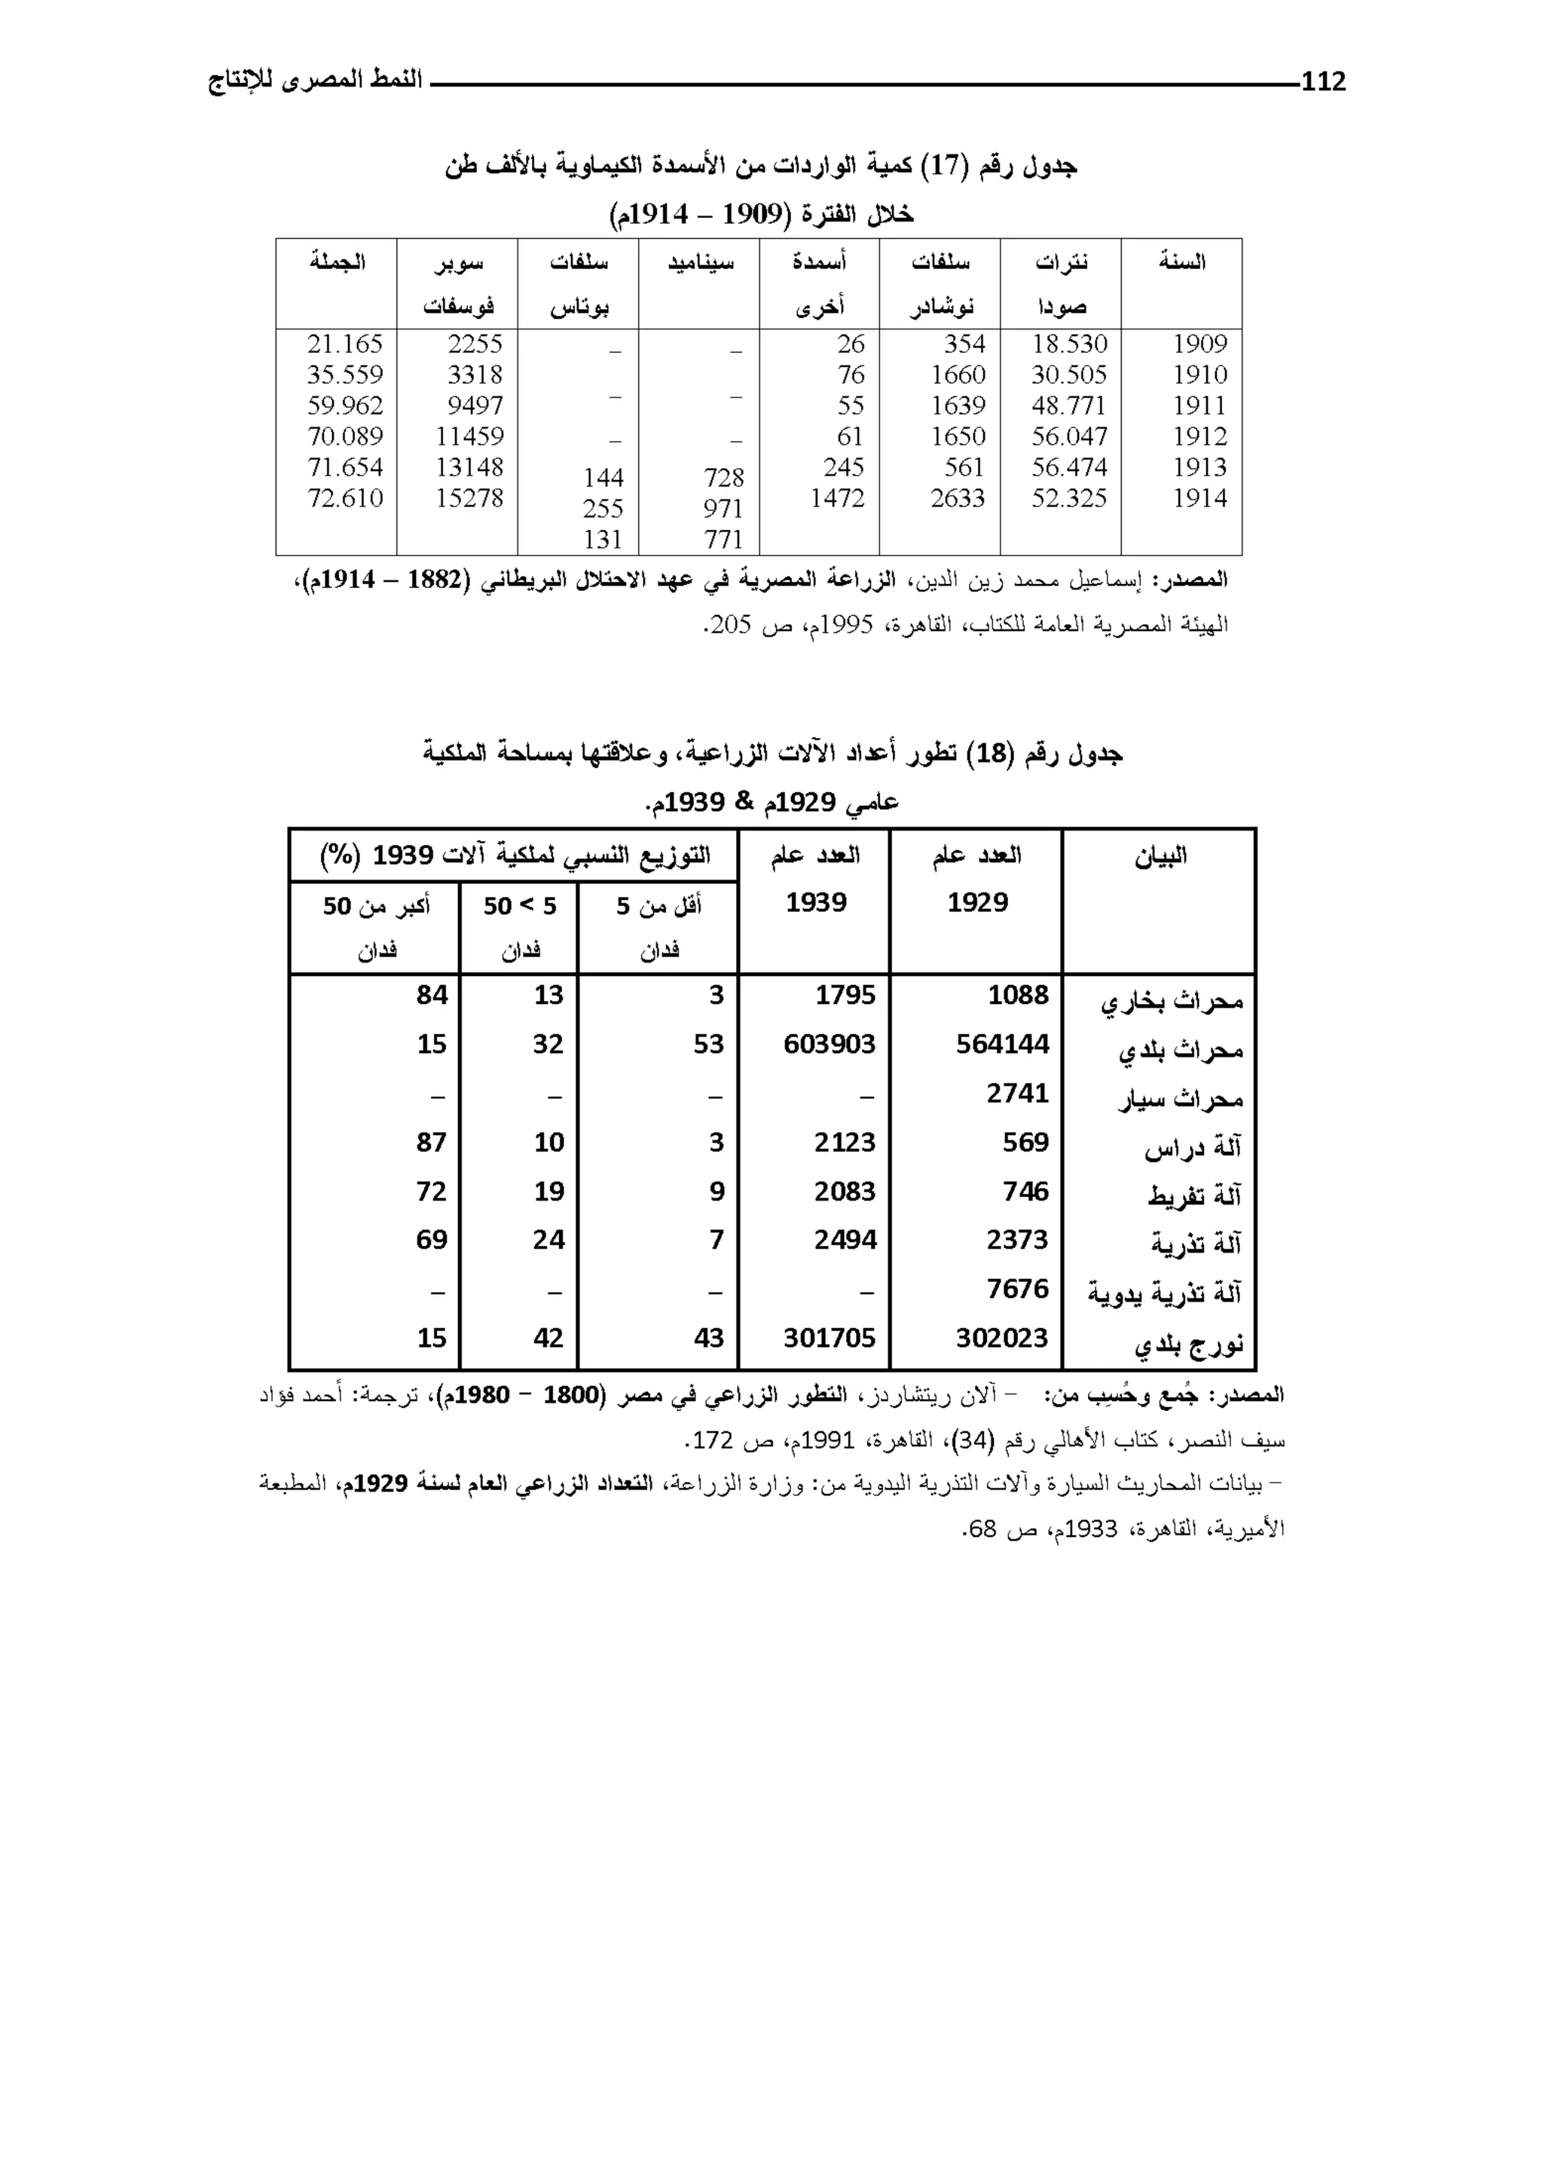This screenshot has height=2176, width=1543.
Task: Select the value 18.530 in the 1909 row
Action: point(1069,344)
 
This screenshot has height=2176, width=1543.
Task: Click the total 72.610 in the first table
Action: point(345,498)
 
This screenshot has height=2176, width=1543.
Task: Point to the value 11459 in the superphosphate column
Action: point(469,436)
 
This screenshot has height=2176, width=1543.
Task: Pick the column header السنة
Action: point(1182,262)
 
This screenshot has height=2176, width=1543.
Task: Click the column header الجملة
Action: point(338,262)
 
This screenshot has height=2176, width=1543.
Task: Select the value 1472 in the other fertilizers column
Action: point(837,498)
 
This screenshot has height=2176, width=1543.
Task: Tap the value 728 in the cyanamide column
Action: point(723,477)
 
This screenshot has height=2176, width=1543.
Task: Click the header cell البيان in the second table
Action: point(1160,857)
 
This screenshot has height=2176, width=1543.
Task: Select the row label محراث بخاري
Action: point(1172,1002)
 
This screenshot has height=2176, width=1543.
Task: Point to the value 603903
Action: point(829,1045)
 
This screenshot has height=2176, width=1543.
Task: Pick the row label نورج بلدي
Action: point(1187,1345)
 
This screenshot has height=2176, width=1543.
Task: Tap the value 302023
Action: point(1001,1338)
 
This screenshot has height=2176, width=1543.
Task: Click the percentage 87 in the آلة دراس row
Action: point(432,1142)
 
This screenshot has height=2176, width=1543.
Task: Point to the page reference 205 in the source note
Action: point(732,626)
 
